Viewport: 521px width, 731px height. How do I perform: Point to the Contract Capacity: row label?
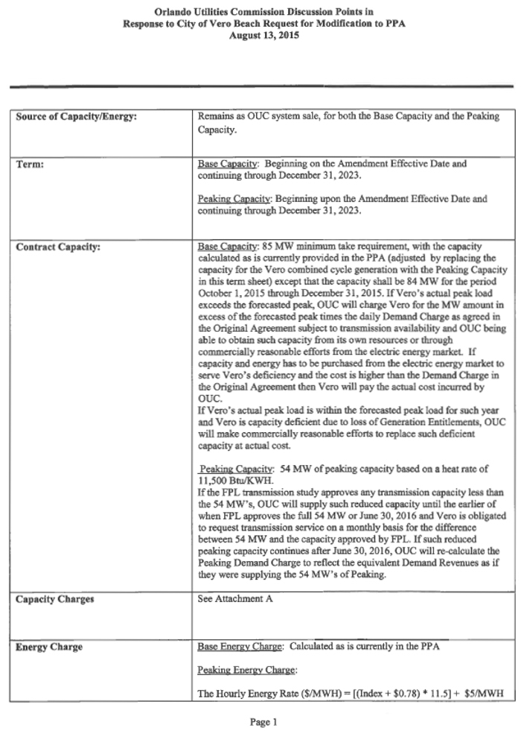[58, 246]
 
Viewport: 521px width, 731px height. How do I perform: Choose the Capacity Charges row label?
[55, 599]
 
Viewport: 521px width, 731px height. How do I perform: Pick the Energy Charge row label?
[49, 647]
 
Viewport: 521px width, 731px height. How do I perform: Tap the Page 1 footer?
[260, 721]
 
